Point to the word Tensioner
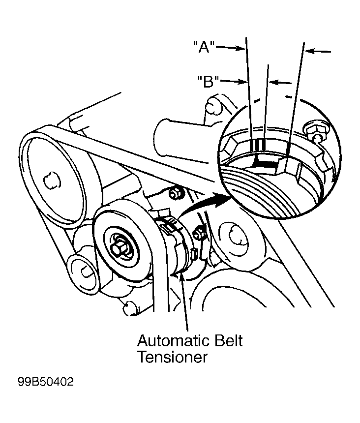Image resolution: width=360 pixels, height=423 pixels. [x=173, y=357]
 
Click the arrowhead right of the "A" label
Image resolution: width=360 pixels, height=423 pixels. [x=241, y=48]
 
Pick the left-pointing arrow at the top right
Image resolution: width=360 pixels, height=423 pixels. [x=312, y=50]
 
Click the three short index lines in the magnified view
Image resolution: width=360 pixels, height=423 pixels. [x=259, y=145]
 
